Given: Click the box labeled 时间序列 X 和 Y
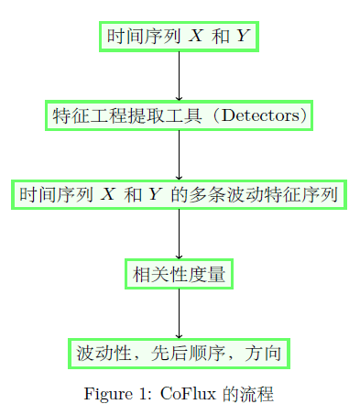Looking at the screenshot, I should click(179, 37).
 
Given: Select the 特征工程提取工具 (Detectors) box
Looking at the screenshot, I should click(179, 115).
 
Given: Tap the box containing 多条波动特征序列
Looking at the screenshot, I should click(179, 195).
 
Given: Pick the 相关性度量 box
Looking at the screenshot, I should click(179, 274).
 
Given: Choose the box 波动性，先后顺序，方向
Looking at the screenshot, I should click(179, 353).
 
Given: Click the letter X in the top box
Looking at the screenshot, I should click(196, 37).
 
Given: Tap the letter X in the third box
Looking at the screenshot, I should click(108, 195).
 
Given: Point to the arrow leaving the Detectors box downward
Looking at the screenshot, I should click(179, 155).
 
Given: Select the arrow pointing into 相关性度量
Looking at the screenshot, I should click(179, 235).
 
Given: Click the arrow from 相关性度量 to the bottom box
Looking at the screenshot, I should click(179, 313).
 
